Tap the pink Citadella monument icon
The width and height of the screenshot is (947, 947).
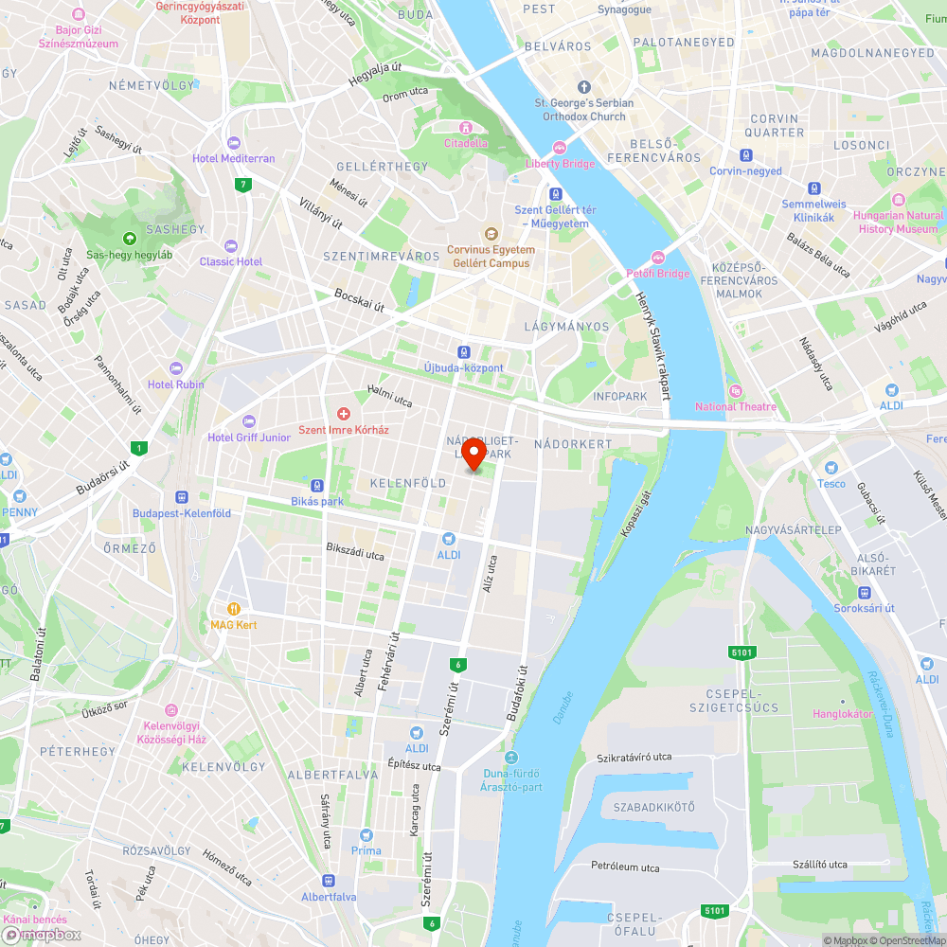coord(465,128)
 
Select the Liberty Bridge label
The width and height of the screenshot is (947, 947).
coord(561,164)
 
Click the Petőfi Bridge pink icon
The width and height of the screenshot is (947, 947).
coord(659,259)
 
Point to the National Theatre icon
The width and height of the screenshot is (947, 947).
coord(735,391)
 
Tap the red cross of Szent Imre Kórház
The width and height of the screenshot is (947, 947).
coord(344,414)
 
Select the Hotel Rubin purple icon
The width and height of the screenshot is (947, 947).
coord(175,368)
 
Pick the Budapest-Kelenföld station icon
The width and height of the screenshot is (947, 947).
coord(180,496)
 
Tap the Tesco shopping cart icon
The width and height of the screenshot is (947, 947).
coord(831,468)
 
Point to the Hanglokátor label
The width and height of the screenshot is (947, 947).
coord(843,714)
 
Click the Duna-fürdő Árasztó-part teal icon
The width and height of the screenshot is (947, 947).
coord(511,758)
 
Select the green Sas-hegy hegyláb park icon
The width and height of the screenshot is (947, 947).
coord(130,239)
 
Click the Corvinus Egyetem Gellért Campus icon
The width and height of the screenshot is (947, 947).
coord(491,234)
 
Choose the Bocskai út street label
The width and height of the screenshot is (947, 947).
coord(360,300)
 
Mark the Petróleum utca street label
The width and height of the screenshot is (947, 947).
coord(625,867)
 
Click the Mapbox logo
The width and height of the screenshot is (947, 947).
coord(43,935)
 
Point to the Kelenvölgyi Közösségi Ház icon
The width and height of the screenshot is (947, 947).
coord(171,710)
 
